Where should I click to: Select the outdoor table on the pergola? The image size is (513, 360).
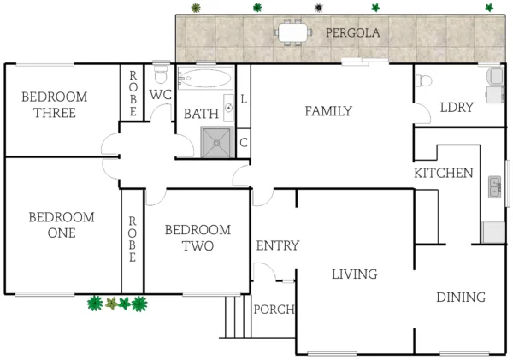click(x=292, y=33)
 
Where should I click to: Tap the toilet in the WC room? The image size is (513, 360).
click(x=161, y=72)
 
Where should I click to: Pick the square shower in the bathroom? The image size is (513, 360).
click(x=216, y=142)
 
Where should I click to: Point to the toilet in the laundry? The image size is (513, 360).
click(x=423, y=82)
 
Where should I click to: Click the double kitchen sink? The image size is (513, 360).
click(x=495, y=186)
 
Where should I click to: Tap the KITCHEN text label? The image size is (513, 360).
click(x=443, y=173)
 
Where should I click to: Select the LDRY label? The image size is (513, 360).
click(x=456, y=108)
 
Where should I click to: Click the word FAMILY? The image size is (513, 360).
click(x=328, y=110)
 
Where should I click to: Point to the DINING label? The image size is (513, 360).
click(x=460, y=297)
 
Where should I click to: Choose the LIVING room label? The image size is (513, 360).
click(x=354, y=274)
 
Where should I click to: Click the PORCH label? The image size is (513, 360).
click(x=274, y=310)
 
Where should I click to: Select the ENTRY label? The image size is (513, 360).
click(x=277, y=246)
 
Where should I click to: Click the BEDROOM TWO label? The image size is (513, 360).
click(x=197, y=238)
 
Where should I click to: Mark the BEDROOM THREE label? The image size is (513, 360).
click(x=54, y=105)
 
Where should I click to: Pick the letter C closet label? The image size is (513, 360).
click(x=244, y=142)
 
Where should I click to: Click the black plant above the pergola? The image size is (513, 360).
click(x=318, y=8)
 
